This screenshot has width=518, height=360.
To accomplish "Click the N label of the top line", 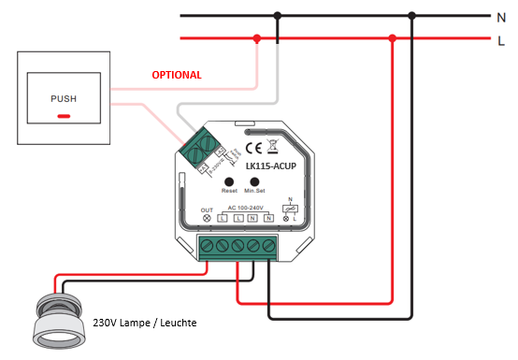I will tap(501, 16).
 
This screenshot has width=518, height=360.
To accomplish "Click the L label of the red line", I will tap(501, 39).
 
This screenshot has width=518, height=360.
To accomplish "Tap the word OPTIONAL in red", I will tap(177, 75).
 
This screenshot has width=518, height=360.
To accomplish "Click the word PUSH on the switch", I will tap(64, 98).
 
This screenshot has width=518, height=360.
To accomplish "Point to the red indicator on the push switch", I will tap(64, 116).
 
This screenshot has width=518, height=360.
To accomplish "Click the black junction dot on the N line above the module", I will tap(278, 16).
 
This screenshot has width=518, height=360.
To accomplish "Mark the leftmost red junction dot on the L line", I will tap(256, 39).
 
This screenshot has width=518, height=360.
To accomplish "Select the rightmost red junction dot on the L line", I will tap(393, 39).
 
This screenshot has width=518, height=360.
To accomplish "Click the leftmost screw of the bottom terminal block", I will tap(209, 246).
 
